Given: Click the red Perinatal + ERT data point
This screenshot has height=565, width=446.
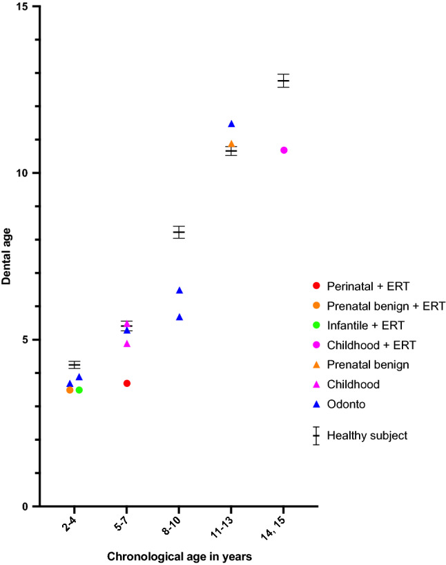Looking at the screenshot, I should [127, 383].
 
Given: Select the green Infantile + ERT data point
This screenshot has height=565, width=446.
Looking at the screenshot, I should [79, 390].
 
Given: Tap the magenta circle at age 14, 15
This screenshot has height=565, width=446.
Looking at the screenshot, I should [284, 150].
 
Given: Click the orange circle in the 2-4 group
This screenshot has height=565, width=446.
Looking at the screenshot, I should [70, 390].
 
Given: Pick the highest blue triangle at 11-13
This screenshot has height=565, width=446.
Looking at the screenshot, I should [231, 124].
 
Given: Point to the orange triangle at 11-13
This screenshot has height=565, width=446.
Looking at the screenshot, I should [231, 144].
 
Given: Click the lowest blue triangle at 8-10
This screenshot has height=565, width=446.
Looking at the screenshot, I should [180, 317].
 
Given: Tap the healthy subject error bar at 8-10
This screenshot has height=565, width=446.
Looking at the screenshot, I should [179, 232].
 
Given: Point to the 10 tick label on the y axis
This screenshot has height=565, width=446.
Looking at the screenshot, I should [24, 172].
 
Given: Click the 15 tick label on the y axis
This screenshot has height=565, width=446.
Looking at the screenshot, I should [24, 6].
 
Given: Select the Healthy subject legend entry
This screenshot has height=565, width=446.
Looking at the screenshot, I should [367, 435].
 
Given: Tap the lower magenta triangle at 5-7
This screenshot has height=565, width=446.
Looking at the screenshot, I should [127, 344].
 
